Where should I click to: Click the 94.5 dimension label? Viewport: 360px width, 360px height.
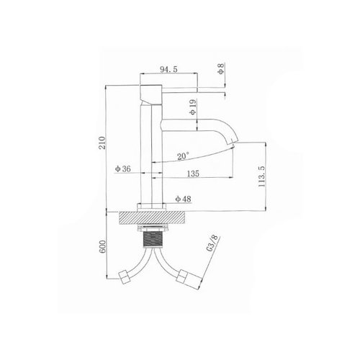tap(168, 69)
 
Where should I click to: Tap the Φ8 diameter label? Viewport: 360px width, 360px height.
tap(221, 68)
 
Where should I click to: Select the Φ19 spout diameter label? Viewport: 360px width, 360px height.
tap(193, 107)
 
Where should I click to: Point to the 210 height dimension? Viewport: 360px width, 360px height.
tap(102, 143)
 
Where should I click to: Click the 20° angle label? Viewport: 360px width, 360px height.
tap(183, 156)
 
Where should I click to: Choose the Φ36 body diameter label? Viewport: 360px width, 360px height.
tap(123, 168)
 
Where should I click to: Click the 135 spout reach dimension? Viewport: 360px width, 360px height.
tap(193, 174)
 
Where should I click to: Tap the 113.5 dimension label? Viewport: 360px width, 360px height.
tap(261, 176)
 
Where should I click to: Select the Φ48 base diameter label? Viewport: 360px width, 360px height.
tap(184, 199)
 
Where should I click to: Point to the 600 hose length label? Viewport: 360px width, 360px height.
tap(102, 246)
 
